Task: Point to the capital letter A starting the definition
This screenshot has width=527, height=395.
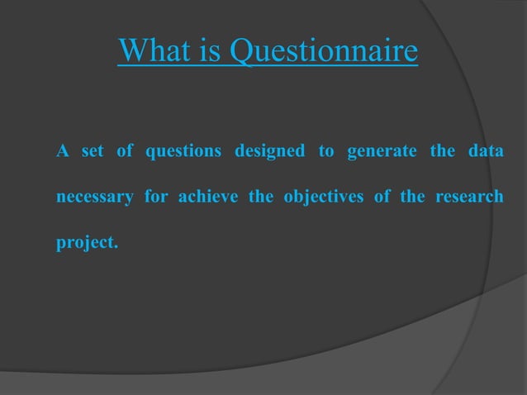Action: [61, 152]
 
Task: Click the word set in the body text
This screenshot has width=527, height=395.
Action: [91, 152]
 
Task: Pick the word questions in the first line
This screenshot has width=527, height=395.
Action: [183, 153]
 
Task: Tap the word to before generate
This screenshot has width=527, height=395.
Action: [325, 153]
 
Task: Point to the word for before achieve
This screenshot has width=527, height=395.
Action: [156, 198]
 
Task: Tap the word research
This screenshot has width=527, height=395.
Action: [471, 198]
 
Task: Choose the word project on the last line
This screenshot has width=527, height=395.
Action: [86, 245]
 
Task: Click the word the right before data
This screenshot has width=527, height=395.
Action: [441, 152]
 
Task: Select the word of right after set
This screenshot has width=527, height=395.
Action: [125, 152]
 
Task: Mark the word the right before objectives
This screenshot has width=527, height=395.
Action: [260, 198]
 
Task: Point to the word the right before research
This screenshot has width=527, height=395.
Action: [417, 198]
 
